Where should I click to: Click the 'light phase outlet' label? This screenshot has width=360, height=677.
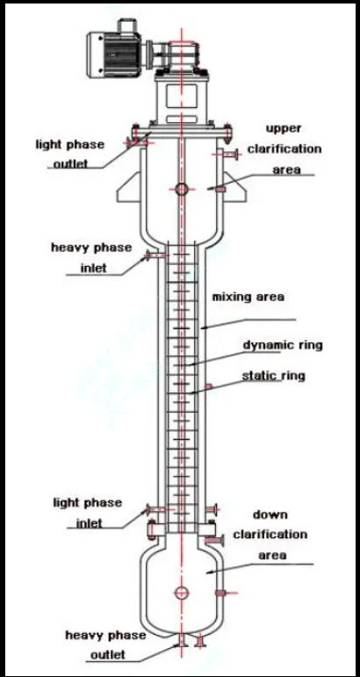tap(70, 154)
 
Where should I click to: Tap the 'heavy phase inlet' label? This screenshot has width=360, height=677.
tap(91, 257)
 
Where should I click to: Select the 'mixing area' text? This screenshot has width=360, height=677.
tap(248, 297)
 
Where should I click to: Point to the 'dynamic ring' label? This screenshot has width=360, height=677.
tap(283, 345)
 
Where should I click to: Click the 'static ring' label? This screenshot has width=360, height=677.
tap(273, 376)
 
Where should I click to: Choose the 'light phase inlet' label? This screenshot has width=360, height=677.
tap(88, 513)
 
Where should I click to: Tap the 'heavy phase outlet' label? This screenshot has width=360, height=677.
tap(105, 645)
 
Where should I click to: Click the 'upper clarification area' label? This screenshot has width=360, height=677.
tap(284, 148)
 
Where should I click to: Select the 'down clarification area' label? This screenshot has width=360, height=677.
tap(270, 535)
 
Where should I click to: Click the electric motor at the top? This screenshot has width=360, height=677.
tap(115, 54)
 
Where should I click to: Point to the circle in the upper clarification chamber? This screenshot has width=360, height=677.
tap(181, 189)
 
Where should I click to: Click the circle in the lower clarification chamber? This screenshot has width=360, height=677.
tap(181, 593)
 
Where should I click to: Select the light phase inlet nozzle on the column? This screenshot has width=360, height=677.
tap(151, 509)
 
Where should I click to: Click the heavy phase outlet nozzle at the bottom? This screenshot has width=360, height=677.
tap(181, 640)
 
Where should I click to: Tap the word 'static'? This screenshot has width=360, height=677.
tap(255, 376)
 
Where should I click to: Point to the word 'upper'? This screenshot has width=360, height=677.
tap(283, 129)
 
